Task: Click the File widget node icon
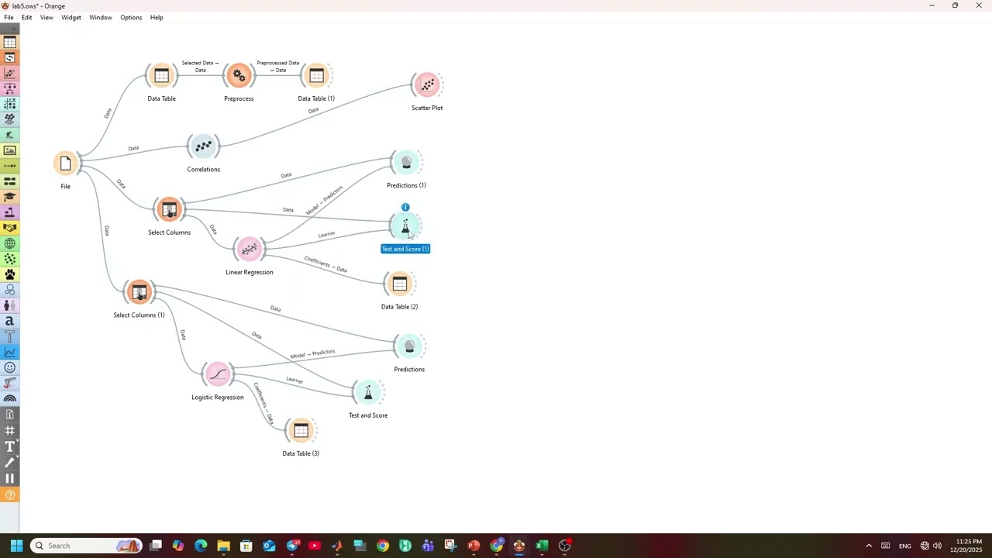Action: coord(66,164)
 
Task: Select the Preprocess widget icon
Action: coord(239,75)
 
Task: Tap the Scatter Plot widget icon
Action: coord(427,84)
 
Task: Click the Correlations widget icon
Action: coord(203,146)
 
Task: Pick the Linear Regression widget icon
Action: coord(250,249)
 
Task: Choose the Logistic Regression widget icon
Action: coord(218,374)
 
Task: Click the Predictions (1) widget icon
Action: coord(406,162)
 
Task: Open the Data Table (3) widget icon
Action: coord(301,430)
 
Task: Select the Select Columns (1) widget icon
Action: coord(139,292)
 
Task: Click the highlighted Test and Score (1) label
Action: coord(405,249)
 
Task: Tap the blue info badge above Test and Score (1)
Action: coord(405,207)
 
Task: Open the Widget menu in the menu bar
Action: coord(71,17)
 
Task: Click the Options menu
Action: coord(131,17)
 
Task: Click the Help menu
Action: coord(157,17)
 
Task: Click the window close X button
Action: coord(979,5)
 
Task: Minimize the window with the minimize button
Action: coord(932,5)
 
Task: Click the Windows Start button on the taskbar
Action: coord(16,545)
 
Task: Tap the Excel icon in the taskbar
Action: coord(542,545)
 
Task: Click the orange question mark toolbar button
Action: coord(10,495)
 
